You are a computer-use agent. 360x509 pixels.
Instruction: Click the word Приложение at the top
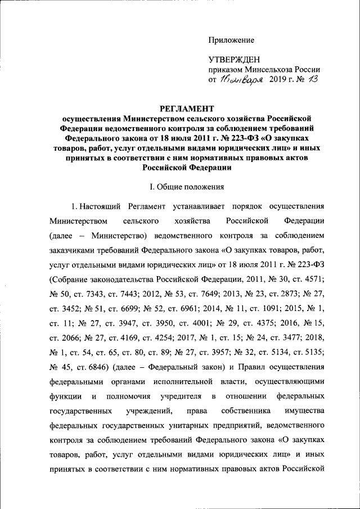click(231, 40)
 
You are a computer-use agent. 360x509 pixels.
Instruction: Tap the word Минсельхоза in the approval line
click(269, 70)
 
